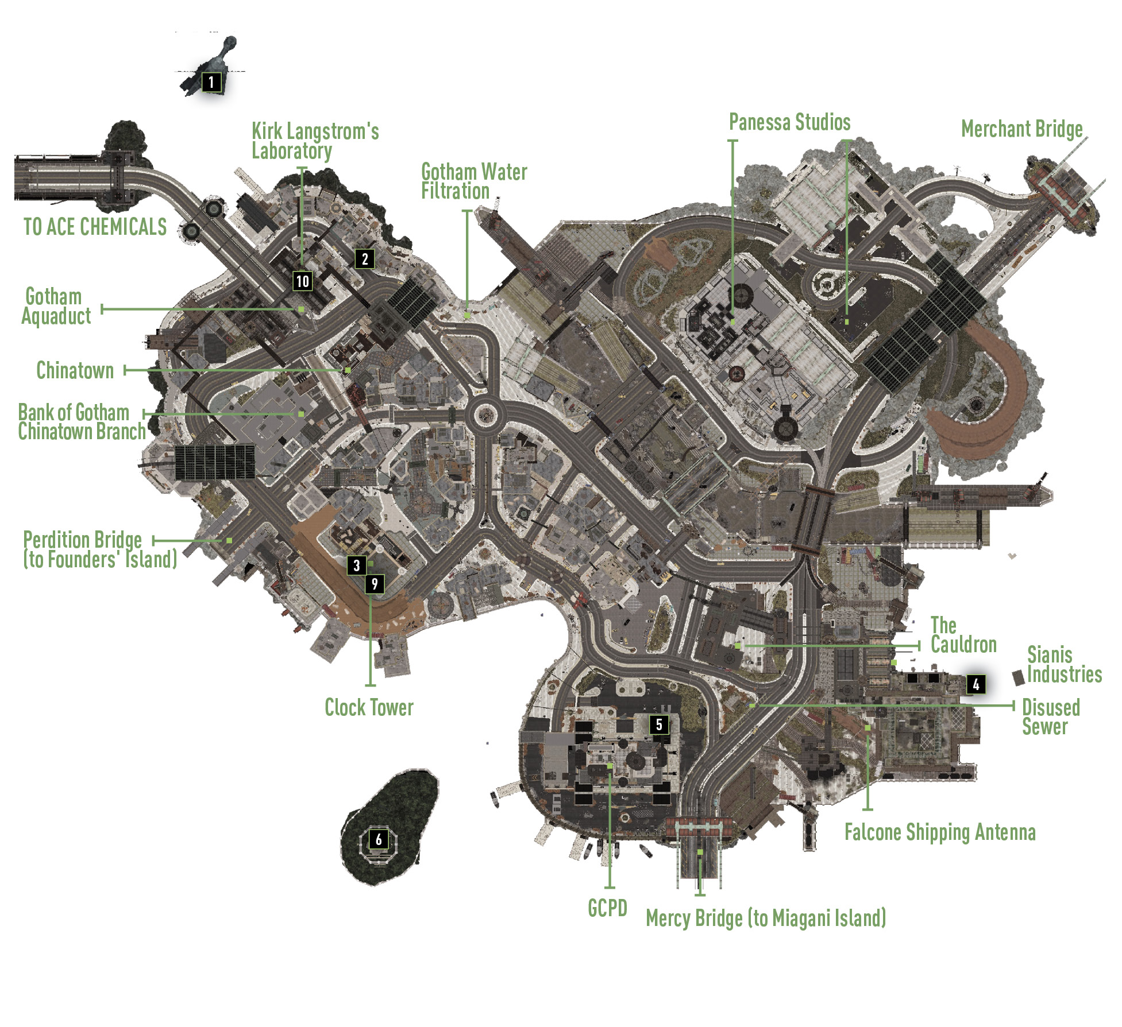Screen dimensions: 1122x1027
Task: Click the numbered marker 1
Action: click(211, 82)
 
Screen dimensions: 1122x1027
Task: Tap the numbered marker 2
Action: click(365, 259)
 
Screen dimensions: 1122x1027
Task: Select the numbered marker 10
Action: click(303, 281)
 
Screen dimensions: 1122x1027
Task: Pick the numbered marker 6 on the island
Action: click(379, 839)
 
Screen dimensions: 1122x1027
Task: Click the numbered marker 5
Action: click(659, 724)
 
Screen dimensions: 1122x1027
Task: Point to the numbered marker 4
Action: click(976, 684)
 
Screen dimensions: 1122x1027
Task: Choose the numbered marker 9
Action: click(375, 584)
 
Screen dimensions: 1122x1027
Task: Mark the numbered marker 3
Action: click(356, 565)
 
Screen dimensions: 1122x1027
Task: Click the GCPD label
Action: click(607, 908)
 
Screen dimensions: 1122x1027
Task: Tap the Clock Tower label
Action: click(369, 707)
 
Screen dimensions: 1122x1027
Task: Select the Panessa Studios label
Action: click(789, 122)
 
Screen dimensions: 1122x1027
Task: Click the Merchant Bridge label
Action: click(1022, 129)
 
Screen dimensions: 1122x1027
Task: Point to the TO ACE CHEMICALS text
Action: click(95, 227)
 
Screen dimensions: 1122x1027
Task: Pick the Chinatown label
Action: click(75, 370)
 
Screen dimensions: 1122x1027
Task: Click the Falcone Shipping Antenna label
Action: click(940, 832)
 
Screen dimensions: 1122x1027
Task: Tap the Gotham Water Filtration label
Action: click(474, 181)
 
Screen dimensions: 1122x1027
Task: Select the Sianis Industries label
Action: click(1065, 664)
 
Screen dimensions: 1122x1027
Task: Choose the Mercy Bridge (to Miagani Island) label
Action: click(766, 918)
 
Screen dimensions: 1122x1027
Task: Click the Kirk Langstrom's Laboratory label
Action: click(315, 141)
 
